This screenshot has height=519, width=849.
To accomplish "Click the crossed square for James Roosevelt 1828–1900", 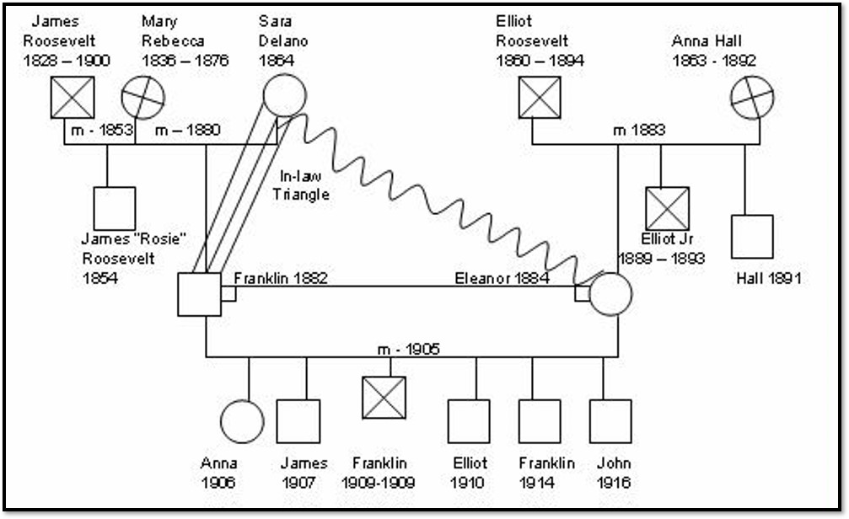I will [73, 97].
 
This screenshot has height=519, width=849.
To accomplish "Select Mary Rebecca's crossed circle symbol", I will [142, 97].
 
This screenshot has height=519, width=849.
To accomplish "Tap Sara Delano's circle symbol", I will [284, 94].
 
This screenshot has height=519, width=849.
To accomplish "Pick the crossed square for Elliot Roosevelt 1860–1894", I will [540, 97].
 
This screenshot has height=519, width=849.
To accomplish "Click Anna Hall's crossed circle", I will [751, 97].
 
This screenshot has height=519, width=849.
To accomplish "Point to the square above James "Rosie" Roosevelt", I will [114, 208].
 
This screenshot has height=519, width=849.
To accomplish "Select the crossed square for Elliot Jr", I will [668, 208].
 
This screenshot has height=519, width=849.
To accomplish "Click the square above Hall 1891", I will [751, 236].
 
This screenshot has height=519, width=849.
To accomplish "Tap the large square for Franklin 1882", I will [199, 294].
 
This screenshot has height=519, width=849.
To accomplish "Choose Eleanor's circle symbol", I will [610, 294].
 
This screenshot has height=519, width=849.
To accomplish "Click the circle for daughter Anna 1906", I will [241, 420].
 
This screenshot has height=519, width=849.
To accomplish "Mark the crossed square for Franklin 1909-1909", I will [384, 398].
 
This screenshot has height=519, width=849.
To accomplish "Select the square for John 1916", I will [610, 420].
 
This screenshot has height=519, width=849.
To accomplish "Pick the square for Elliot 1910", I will [469, 420].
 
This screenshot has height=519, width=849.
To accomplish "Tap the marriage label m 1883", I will [639, 130].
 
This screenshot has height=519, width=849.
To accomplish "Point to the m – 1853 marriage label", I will [101, 130].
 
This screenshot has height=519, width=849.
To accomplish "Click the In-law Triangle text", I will [304, 185].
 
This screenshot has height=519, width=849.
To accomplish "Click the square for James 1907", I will [298, 420].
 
